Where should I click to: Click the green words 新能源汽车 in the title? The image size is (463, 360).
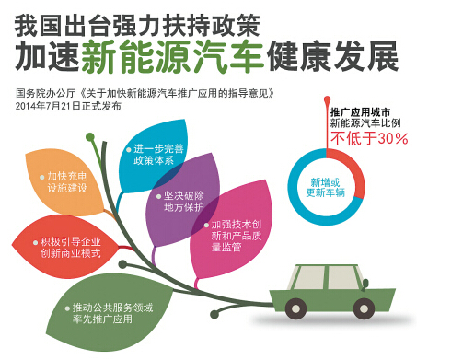tap(172, 56)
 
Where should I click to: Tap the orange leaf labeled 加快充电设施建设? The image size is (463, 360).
tap(68, 180)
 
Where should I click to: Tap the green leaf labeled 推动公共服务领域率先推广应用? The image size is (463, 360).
tap(115, 312)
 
